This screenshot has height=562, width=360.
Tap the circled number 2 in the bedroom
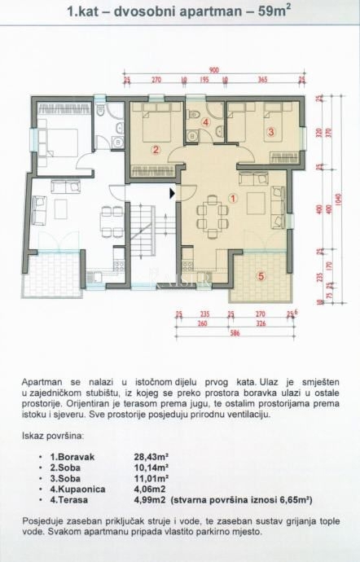155,148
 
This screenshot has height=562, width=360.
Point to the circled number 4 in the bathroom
206,123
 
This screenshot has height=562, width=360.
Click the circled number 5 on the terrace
261,276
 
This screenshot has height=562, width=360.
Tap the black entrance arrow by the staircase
171,193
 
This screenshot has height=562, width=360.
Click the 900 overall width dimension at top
213,70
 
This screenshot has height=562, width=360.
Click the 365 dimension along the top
263,80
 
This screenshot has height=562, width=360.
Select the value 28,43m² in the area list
151,457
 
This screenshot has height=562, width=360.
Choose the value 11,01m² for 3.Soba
151,478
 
